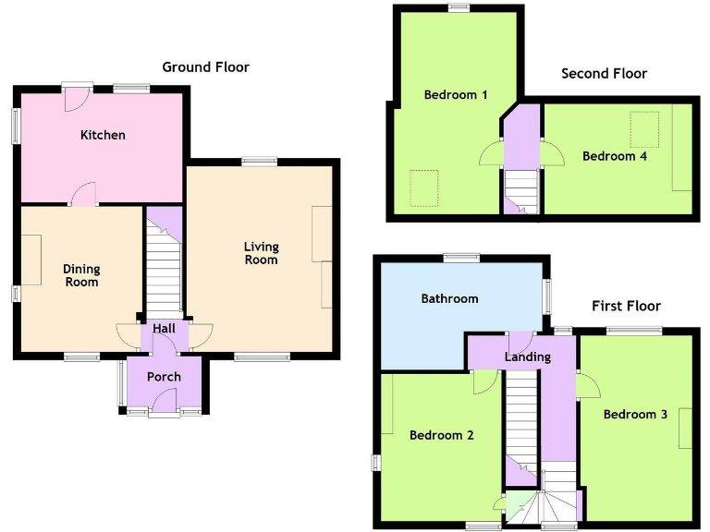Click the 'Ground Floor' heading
(x=205, y=66)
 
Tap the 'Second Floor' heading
(x=604, y=73)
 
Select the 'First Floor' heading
(x=626, y=306)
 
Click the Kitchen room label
(x=103, y=135)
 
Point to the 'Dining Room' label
(x=81, y=275)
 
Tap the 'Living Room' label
(x=261, y=253)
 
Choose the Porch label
(x=164, y=377)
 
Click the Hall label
(x=164, y=329)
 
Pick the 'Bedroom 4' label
(x=614, y=156)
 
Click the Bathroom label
(x=449, y=298)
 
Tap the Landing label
(x=528, y=357)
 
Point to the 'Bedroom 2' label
(x=442, y=435)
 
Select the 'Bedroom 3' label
(x=635, y=415)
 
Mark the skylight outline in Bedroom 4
(x=644, y=126)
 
